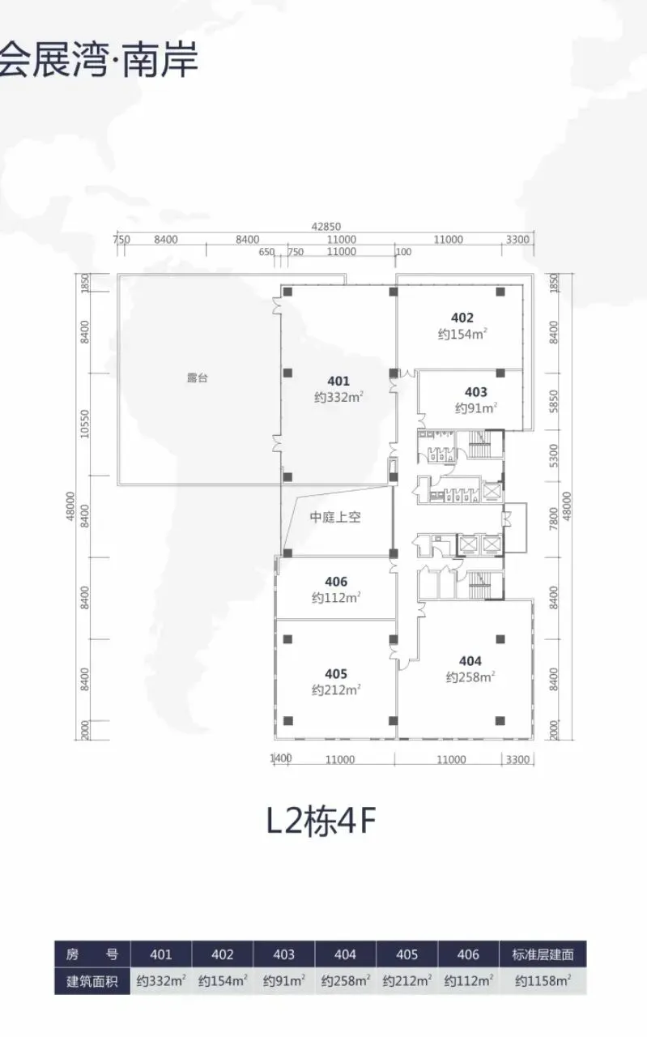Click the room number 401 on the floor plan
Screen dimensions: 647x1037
coord(338,381)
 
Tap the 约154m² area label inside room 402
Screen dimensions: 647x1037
coord(462,334)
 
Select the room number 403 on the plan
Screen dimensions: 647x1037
coord(476,392)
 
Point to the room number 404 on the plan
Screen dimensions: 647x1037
coord(470,661)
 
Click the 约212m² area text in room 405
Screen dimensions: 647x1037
coord(336,689)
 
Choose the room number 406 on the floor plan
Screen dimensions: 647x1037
coord(336,582)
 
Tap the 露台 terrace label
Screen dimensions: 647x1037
coord(198,378)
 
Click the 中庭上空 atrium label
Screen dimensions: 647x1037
coord(335,517)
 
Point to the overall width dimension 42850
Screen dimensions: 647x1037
coord(326,226)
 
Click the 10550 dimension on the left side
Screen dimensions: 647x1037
coord(84,424)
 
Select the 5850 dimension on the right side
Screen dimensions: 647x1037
coord(554,401)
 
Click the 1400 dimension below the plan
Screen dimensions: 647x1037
coord(281,757)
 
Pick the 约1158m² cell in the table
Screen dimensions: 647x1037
coord(543,980)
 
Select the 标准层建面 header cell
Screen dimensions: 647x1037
coord(543,954)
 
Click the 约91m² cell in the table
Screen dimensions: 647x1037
coord(283,980)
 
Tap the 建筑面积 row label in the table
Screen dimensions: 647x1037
coord(92,981)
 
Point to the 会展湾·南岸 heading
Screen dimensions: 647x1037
coord(99,59)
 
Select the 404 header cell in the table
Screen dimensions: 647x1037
coord(345,954)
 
